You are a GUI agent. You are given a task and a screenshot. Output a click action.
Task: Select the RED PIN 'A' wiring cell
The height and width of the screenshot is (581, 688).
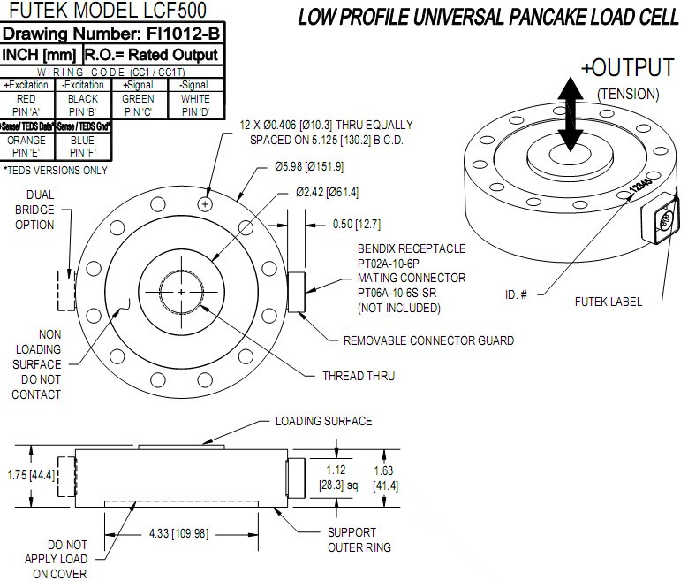[x=26, y=105]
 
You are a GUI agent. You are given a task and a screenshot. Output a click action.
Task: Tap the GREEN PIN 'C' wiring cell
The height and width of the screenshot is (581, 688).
[x=139, y=105]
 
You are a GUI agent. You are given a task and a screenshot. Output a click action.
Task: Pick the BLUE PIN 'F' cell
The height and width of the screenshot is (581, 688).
[x=82, y=146]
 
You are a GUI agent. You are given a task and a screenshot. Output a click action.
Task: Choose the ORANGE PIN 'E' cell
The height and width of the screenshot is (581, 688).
[x=26, y=146]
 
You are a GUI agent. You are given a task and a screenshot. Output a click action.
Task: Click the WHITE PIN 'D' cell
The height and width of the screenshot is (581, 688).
[x=194, y=105]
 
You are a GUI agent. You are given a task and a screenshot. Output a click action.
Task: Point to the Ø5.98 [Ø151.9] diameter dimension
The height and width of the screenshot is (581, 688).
[x=309, y=166]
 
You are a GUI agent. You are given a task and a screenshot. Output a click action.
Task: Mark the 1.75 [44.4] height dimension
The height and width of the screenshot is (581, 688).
[x=31, y=475]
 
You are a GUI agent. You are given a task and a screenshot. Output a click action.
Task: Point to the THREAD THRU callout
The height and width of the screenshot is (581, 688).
[x=358, y=376]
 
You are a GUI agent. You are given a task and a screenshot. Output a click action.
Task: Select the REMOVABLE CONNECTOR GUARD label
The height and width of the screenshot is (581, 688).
[x=428, y=340]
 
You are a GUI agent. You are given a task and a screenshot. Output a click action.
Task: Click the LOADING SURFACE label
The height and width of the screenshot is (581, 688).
[x=324, y=421]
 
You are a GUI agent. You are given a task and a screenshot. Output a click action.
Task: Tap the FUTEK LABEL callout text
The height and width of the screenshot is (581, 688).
[x=606, y=300]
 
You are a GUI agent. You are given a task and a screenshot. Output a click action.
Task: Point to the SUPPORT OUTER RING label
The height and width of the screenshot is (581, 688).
[x=352, y=539]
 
